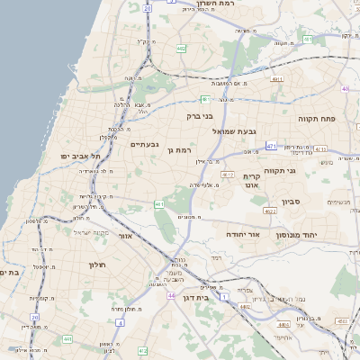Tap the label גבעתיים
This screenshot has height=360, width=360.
[x=144, y=144]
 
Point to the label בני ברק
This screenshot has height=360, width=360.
[x=199, y=115]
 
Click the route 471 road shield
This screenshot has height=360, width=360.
[x=271, y=145]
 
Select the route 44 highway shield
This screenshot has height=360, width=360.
[x=171, y=294]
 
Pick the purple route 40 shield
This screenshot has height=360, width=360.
[x=345, y=89]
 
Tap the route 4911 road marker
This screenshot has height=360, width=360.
[x=277, y=79]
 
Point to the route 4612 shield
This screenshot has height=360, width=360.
[x=228, y=175]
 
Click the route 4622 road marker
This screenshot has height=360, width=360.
[x=269, y=211]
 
